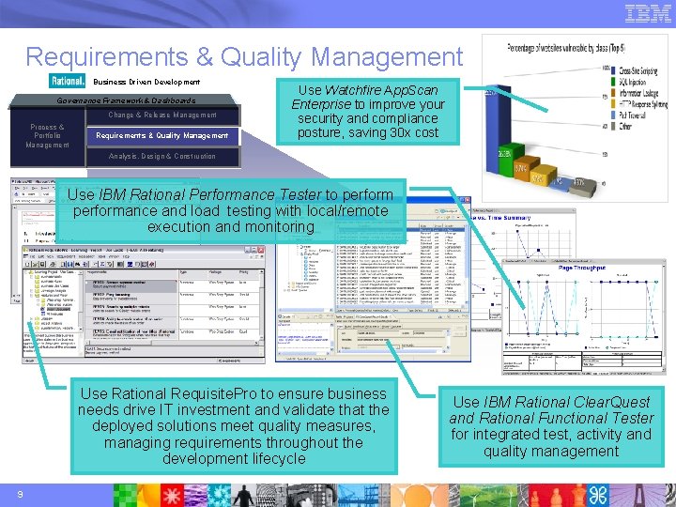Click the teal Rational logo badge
(68, 82)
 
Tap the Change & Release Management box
(161, 115)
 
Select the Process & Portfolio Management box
(47, 136)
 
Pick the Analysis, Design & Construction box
(161, 156)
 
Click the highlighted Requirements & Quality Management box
(161, 135)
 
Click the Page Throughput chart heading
(582, 268)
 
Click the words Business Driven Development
(146, 83)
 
